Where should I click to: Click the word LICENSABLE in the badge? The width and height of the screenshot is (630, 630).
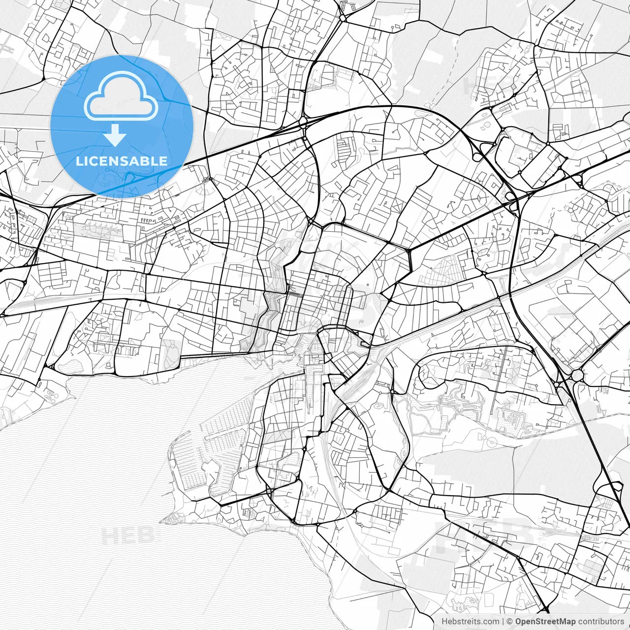click(x=121, y=161)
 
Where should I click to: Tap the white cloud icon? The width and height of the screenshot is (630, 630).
click(x=121, y=96)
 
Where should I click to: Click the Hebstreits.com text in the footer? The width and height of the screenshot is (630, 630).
click(x=470, y=622)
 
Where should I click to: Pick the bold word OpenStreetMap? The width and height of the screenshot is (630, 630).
click(x=545, y=622)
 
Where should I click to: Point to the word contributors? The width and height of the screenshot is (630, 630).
click(x=600, y=622)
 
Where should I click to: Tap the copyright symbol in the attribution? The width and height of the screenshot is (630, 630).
click(x=509, y=622)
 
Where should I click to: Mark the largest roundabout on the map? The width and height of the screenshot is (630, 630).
click(x=576, y=376)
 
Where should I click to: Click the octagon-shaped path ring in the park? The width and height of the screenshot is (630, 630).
click(x=490, y=443)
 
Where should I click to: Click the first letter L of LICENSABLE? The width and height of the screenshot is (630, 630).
click(x=78, y=161)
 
